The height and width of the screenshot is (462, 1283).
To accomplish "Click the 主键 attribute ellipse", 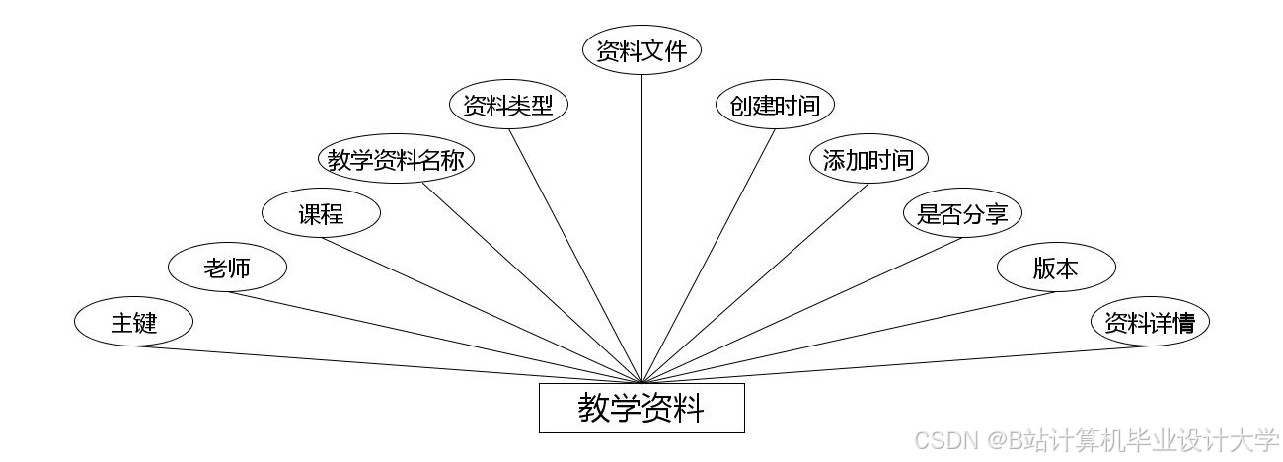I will (133, 322).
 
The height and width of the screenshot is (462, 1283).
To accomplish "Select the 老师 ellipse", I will (227, 268).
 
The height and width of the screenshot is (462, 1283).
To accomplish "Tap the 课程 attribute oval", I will (321, 213).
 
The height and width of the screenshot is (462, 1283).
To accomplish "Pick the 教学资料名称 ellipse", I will (396, 160).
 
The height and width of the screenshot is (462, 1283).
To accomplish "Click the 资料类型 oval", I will (508, 105).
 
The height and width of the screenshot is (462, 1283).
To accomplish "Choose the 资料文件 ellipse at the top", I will (641, 50).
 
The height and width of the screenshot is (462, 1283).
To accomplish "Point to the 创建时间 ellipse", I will (775, 105).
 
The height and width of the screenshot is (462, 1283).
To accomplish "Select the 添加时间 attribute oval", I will (868, 159).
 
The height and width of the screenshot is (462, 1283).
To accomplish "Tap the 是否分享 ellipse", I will (962, 213).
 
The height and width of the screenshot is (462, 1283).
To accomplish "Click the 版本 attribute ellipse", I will (1056, 268).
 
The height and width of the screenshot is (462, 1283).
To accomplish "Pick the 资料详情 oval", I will (1150, 322).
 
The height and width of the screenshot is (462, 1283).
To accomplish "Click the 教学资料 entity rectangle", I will (641, 408).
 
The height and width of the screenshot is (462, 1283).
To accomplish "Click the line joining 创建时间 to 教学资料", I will (710, 255).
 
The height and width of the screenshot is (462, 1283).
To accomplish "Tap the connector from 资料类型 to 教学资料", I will (575, 255).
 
